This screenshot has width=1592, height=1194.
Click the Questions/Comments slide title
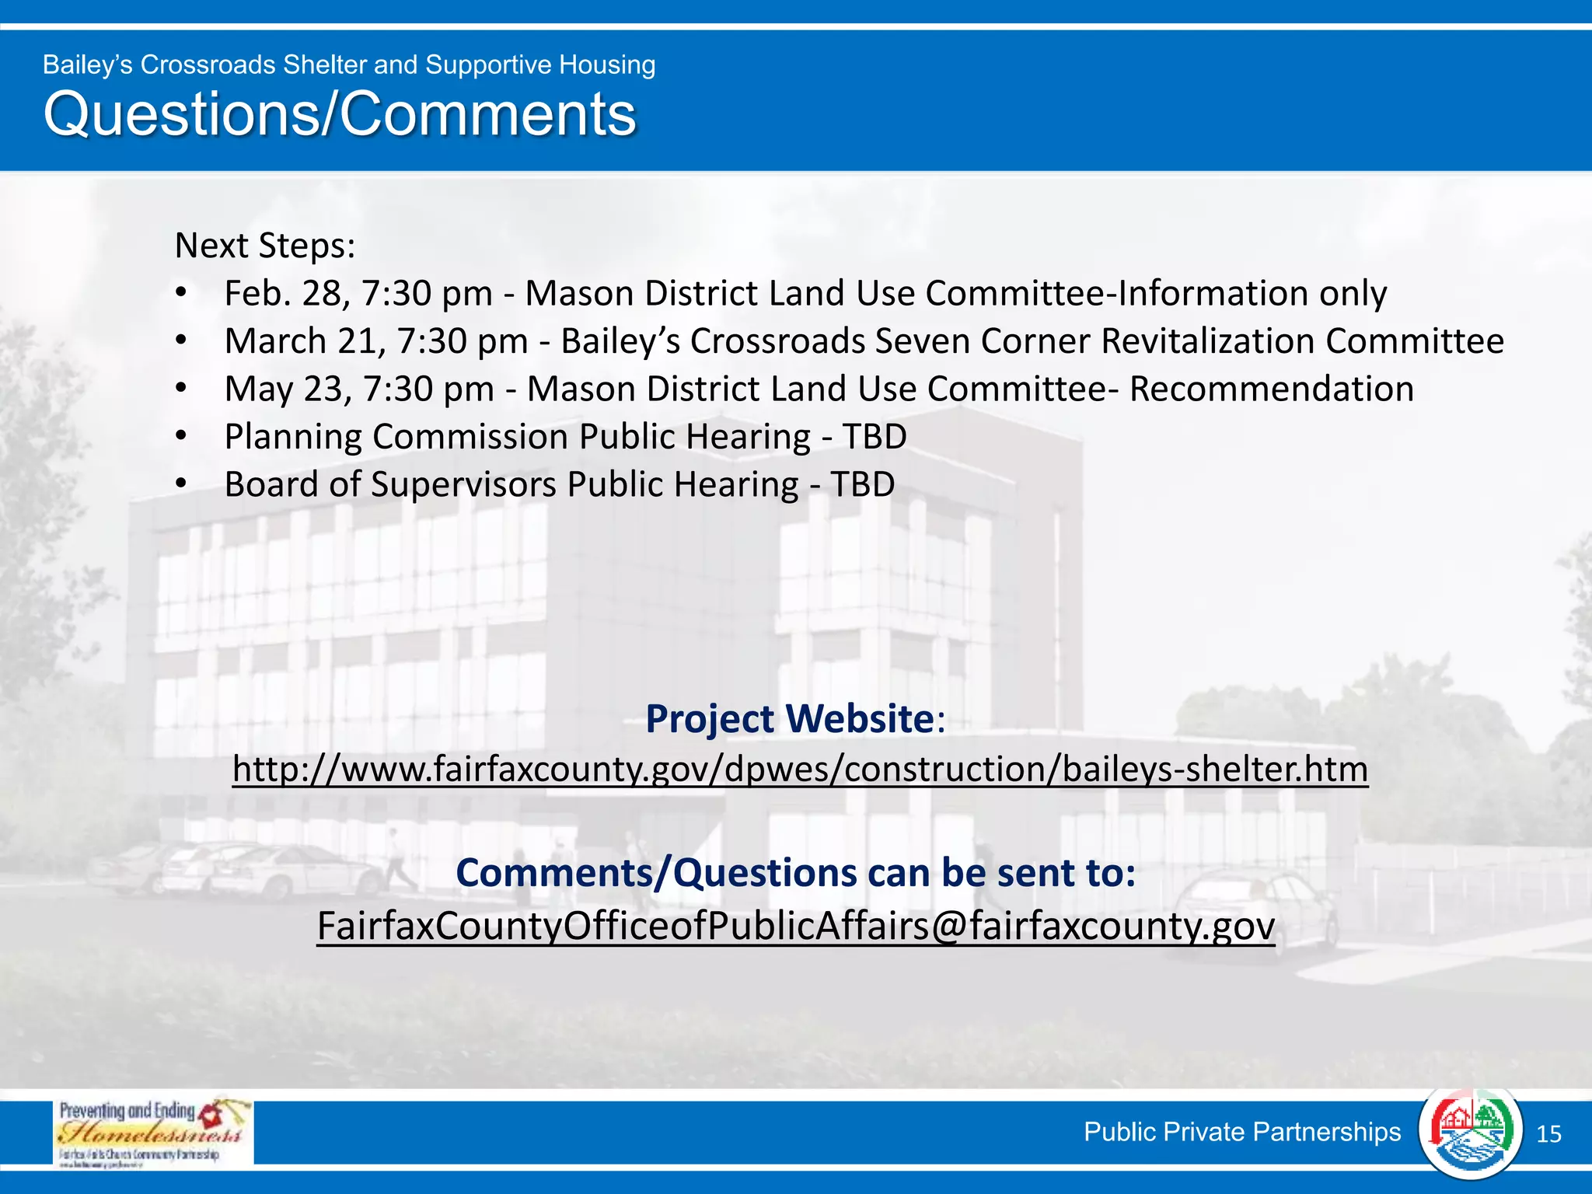[x=340, y=114]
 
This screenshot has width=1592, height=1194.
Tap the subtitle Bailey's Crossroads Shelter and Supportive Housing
[x=349, y=65]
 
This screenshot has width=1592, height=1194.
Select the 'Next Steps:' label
[x=265, y=246]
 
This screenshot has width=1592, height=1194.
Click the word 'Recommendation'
[x=1271, y=389]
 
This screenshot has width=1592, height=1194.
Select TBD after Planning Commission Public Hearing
[x=875, y=437]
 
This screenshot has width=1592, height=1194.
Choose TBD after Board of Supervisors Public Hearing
[x=863, y=484]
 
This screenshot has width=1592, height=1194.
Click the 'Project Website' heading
[x=790, y=718]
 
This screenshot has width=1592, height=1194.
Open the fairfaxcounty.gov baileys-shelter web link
[x=800, y=770]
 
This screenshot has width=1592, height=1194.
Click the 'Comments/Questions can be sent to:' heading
[x=795, y=873]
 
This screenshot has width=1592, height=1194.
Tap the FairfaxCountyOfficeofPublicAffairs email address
[x=796, y=926]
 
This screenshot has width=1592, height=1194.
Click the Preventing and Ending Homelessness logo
[x=153, y=1132]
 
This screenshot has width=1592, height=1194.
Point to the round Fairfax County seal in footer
[x=1470, y=1132]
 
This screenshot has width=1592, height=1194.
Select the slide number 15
[x=1548, y=1134]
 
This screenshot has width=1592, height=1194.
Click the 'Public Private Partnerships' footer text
[x=1242, y=1132]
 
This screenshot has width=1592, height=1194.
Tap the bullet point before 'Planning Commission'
[x=181, y=437]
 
